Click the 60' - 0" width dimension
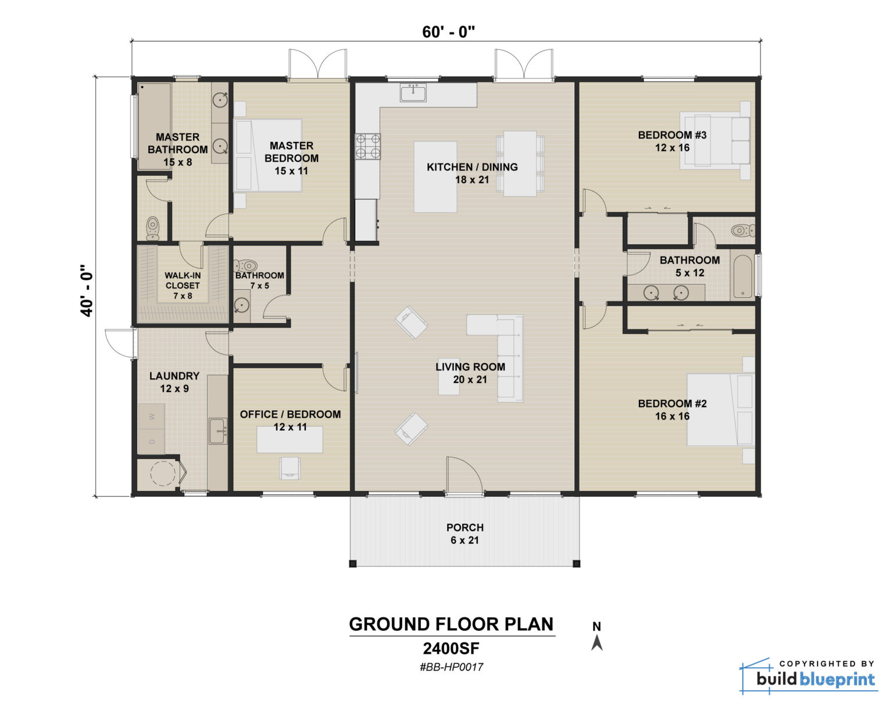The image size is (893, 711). click(448, 32)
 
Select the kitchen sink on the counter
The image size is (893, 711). click(413, 93)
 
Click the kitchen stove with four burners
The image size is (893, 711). click(367, 146)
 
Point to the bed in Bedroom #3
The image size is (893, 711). click(716, 142)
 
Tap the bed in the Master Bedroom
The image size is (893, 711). click(267, 155)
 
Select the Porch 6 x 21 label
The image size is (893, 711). click(465, 534)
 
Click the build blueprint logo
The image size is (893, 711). click(809, 676)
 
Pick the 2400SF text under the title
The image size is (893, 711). click(451, 648)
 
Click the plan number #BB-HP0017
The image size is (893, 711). click(451, 667)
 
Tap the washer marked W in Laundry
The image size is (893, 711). click(152, 417)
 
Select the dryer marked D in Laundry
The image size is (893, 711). click(152, 442)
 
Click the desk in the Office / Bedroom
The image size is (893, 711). click(290, 439)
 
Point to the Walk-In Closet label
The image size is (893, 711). click(183, 285)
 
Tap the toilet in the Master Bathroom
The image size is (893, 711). click(153, 227)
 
